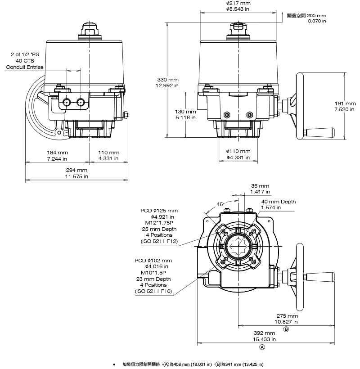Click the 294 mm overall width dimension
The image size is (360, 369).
tap(76, 171)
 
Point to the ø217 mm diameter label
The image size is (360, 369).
tap(238, 3)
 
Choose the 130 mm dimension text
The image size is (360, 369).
tap(185, 111)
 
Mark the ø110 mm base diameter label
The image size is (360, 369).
tap(238, 151)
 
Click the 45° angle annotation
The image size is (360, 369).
tap(220, 204)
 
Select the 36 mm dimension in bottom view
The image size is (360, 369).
tap(260, 186)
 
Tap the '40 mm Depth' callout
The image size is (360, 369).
tap(279, 202)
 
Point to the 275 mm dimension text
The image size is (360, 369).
tap(287, 316)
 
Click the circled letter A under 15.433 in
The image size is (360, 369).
tap(262, 347)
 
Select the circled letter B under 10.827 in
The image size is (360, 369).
tap(286, 329)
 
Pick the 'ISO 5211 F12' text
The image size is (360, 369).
tap(160, 242)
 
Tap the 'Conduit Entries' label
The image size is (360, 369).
tap(25, 67)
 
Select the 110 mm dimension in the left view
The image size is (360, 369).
tap(108, 153)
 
